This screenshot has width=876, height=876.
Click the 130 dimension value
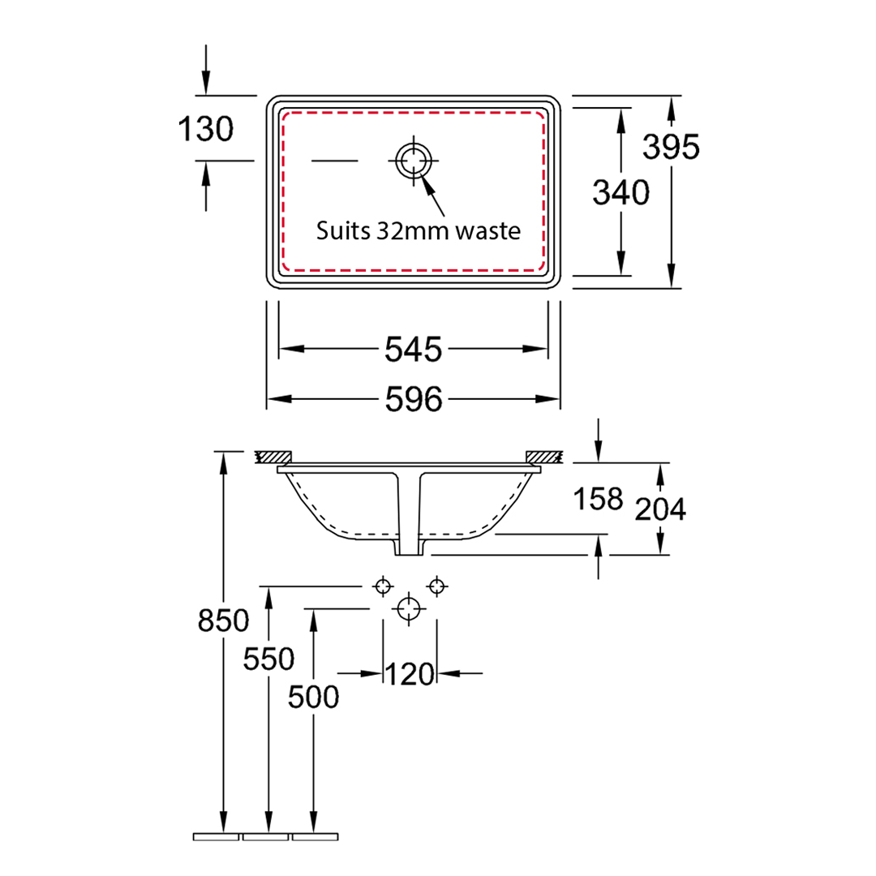(x=205, y=129)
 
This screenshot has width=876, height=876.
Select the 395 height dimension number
(x=671, y=147)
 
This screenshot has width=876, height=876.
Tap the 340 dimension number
(x=620, y=193)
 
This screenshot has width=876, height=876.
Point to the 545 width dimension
(x=414, y=350)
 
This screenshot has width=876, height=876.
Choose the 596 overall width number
(x=414, y=399)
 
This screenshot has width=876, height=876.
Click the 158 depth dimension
(x=598, y=498)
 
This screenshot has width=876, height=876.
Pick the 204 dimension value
(x=660, y=509)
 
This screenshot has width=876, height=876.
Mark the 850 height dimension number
(x=224, y=620)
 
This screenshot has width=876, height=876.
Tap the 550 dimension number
(x=268, y=659)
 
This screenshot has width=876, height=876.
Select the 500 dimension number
(x=313, y=698)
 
